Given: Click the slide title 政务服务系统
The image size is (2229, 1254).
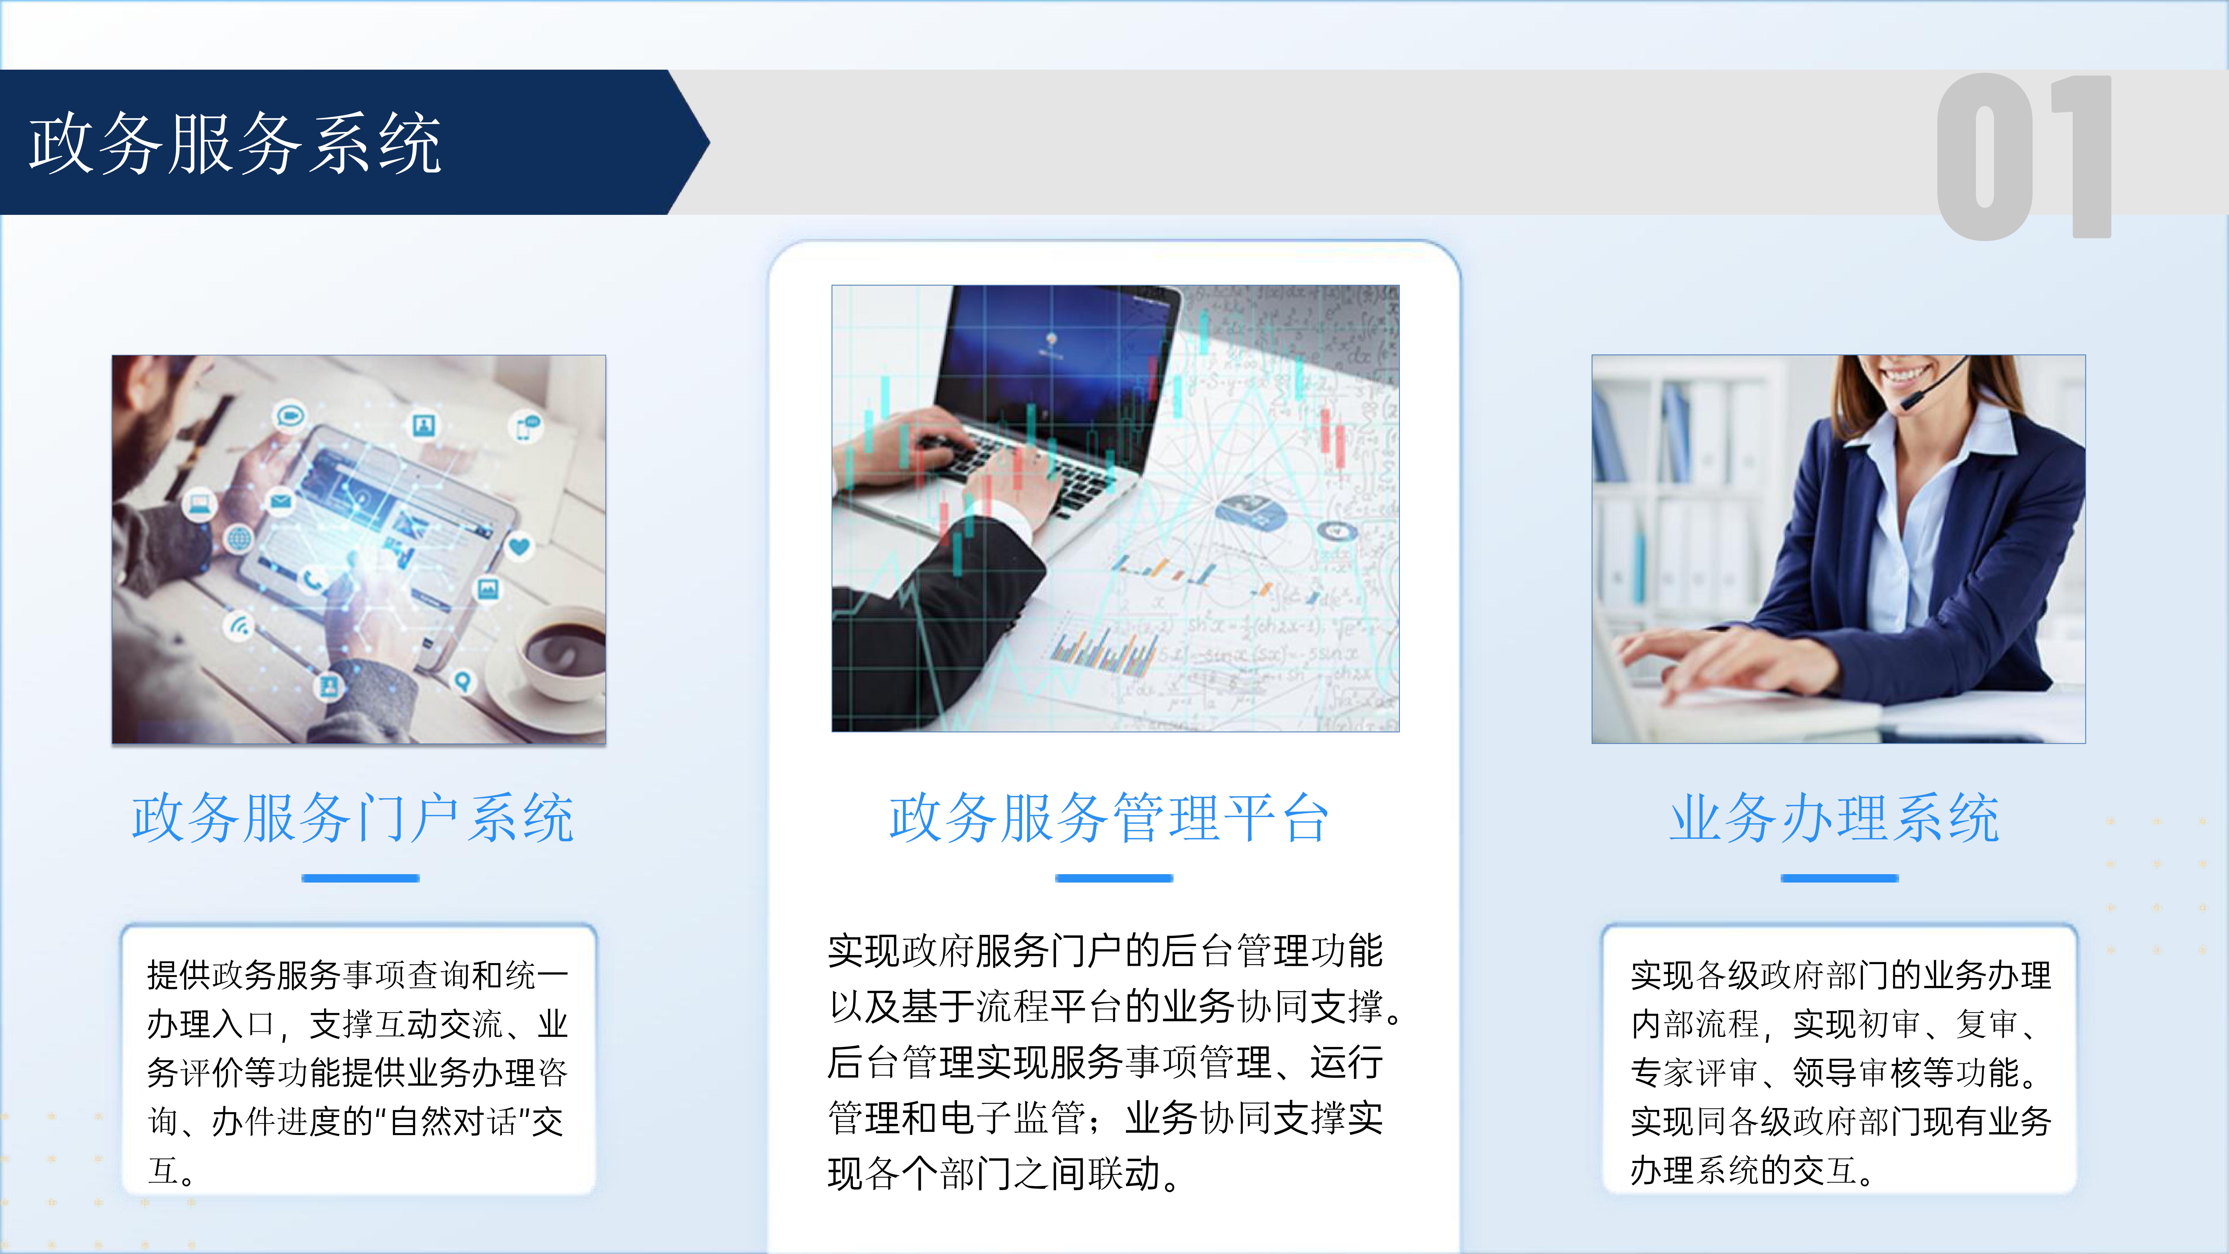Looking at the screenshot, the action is pyautogui.click(x=235, y=144).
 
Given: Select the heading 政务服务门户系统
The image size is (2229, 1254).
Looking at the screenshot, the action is pyautogui.click(x=353, y=818).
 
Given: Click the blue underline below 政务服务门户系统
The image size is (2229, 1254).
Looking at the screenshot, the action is pyautogui.click(x=360, y=878).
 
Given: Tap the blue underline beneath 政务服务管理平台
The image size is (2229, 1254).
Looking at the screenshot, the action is pyautogui.click(x=1114, y=878).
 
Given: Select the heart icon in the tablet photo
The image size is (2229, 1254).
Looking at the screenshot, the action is pyautogui.click(x=519, y=546).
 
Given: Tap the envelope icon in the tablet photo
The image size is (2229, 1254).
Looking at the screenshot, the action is pyautogui.click(x=279, y=500).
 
